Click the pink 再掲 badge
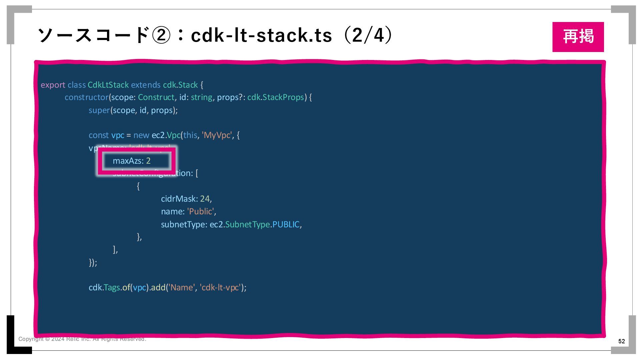coord(578,37)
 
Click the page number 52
coord(621,341)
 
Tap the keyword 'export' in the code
coord(53,85)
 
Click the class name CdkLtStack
coord(108,85)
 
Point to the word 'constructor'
coord(87,97)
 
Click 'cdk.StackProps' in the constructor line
coord(276,97)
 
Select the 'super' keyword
coord(99,110)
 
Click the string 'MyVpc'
coord(217,135)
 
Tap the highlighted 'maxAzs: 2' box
coord(136,161)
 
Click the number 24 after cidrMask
coord(205,199)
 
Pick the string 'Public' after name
coord(201,212)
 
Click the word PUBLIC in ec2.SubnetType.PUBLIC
coord(286,225)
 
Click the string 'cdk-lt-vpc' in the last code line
coord(220,288)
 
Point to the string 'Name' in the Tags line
coord(181,288)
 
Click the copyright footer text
coord(82,339)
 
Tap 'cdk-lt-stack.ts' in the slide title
coord(261,35)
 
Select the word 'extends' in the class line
coord(146,85)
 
